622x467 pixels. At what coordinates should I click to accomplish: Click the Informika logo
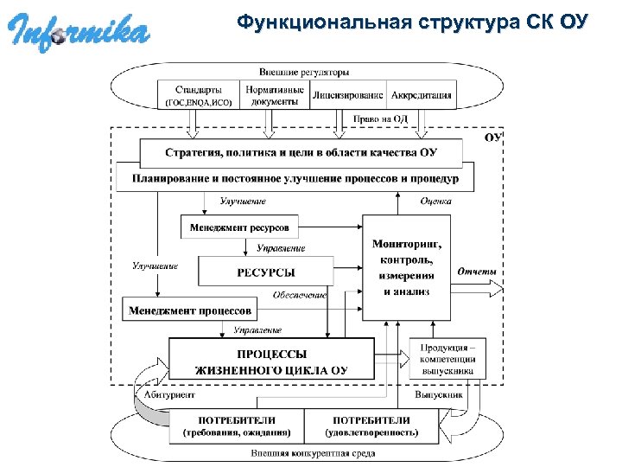coord(79,32)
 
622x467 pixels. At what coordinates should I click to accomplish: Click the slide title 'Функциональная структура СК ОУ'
coord(413,22)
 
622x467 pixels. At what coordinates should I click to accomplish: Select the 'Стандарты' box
coord(198,95)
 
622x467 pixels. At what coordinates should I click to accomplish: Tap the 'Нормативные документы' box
coord(273,95)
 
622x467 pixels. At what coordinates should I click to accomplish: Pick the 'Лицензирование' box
coord(348,95)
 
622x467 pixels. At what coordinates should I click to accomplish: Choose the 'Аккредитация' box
coord(422,95)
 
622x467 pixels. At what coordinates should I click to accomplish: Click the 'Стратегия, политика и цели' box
coord(301,153)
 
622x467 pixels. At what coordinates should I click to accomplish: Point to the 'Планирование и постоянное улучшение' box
coord(295,179)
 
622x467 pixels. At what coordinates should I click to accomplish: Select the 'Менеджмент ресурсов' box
coord(239,227)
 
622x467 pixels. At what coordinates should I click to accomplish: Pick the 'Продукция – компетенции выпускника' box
coord(447,357)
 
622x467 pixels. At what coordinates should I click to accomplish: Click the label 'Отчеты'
coord(478,271)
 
